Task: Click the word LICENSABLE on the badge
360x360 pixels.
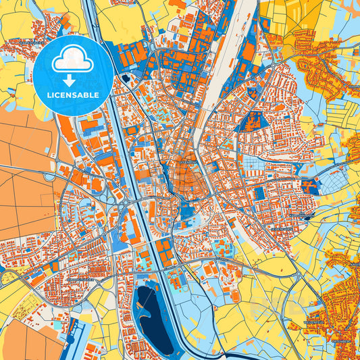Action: tap(72, 95)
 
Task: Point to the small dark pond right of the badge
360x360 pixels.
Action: tap(126, 79)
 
